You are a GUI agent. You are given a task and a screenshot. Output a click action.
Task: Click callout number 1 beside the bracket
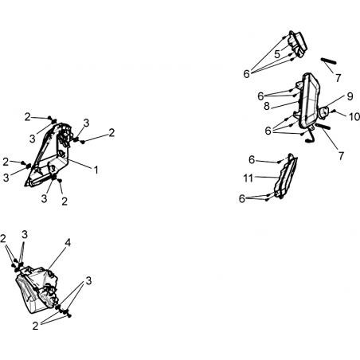coord(96,170)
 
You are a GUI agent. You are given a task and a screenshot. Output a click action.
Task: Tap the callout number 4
coord(68,242)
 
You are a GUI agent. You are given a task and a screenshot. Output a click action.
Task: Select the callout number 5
coord(277,54)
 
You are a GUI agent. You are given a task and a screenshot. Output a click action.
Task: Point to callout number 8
coord(267,107)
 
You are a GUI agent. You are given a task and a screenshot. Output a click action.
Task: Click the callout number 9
coord(350,96)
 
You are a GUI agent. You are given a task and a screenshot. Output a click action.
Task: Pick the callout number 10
coord(354,116)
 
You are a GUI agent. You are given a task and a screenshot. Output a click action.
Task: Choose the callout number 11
coord(248,178)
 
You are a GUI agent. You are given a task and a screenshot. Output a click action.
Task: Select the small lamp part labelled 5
coord(298,44)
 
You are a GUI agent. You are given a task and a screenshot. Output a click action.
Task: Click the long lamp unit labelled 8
coord(309,101)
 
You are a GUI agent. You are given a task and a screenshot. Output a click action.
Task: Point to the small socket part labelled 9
coord(324,112)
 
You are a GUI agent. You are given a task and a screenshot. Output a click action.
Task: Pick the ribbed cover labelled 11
coord(286,176)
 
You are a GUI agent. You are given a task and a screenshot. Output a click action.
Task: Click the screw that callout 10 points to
coord(335,111)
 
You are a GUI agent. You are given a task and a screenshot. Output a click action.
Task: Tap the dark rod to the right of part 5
coord(329,61)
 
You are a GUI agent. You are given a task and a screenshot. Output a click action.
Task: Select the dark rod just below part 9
coord(323,127)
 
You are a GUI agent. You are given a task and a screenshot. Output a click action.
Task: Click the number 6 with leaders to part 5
coord(247,74)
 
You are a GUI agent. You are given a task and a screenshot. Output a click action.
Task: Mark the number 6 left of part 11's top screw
coord(252,160)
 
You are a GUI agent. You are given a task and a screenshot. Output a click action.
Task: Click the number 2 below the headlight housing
coord(35,326)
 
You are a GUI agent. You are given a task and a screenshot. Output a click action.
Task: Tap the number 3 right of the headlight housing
coord(88,280)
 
